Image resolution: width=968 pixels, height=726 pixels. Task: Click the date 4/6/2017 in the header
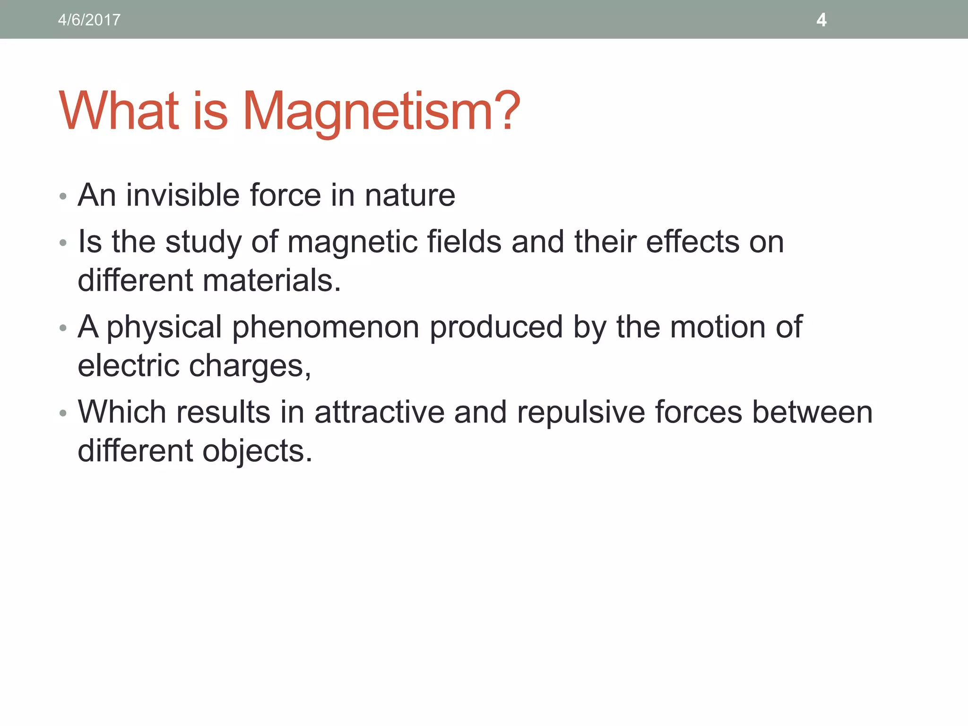tap(89, 20)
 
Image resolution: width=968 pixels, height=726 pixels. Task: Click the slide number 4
tap(821, 20)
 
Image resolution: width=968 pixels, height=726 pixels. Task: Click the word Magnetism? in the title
tap(381, 112)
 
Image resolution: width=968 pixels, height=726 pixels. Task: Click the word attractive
tap(380, 412)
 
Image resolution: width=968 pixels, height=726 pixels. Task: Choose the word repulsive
tap(581, 412)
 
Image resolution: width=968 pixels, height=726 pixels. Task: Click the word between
tap(812, 412)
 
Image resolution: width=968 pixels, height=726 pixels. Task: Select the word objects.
tap(258, 450)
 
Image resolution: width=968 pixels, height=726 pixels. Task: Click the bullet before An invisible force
tap(63, 196)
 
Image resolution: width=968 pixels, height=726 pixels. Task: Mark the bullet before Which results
tap(63, 413)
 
